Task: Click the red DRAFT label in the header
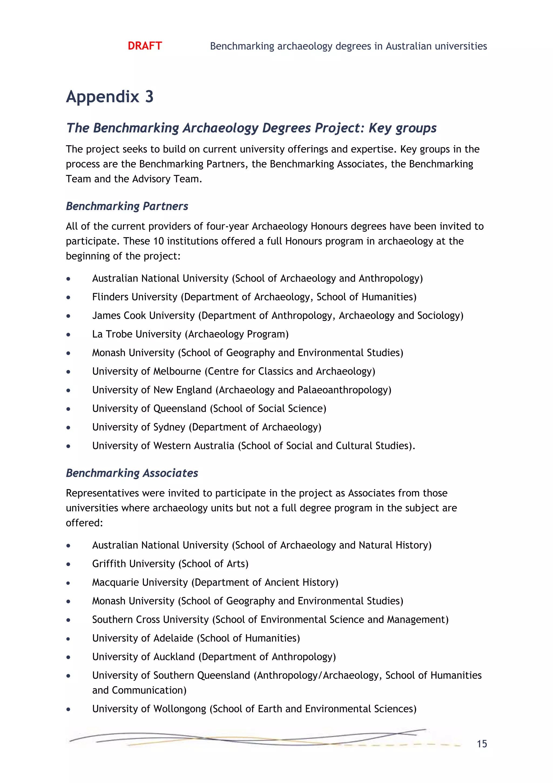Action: tap(145, 46)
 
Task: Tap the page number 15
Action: tap(481, 744)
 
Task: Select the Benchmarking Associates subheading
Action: tap(132, 473)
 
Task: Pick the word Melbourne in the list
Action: tap(177, 371)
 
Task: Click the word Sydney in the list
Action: tap(169, 427)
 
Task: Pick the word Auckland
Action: tap(174, 657)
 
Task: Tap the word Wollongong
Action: tap(180, 709)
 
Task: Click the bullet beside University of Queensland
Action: tap(69, 409)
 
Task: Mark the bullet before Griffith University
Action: tap(69, 564)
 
